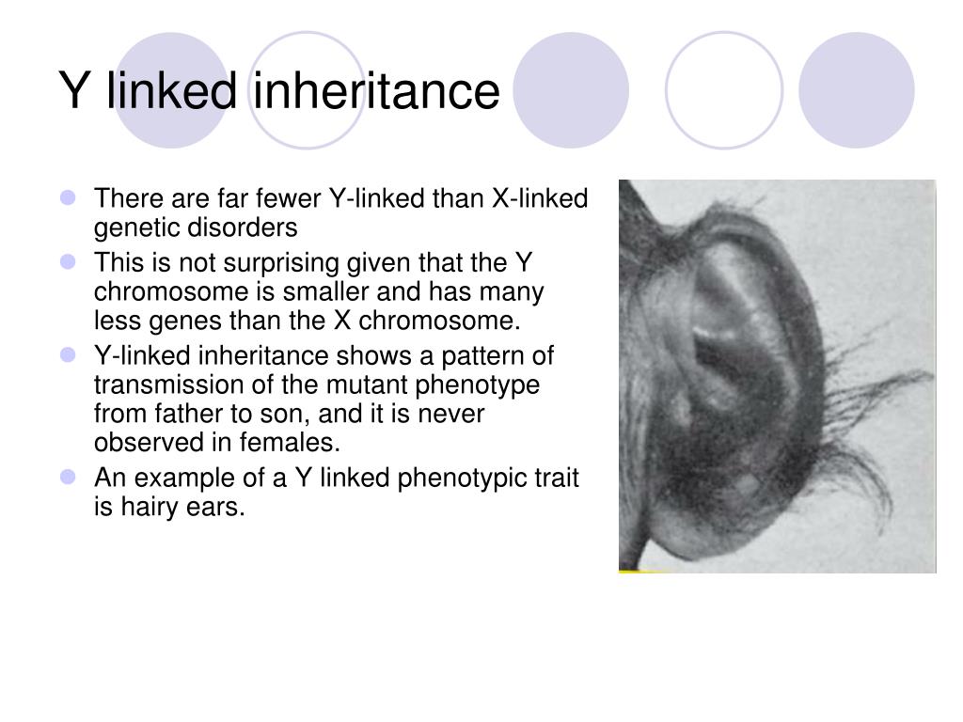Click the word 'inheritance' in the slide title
pyautogui.click(x=376, y=91)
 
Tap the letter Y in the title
pyautogui.click(x=73, y=91)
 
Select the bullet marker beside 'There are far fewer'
pyautogui.click(x=68, y=197)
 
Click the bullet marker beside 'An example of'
pyautogui.click(x=68, y=477)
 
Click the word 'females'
pyautogui.click(x=290, y=443)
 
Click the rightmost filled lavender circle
pyautogui.click(x=856, y=90)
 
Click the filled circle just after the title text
pyautogui.click(x=571, y=90)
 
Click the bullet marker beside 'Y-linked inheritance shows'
pyautogui.click(x=68, y=354)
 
